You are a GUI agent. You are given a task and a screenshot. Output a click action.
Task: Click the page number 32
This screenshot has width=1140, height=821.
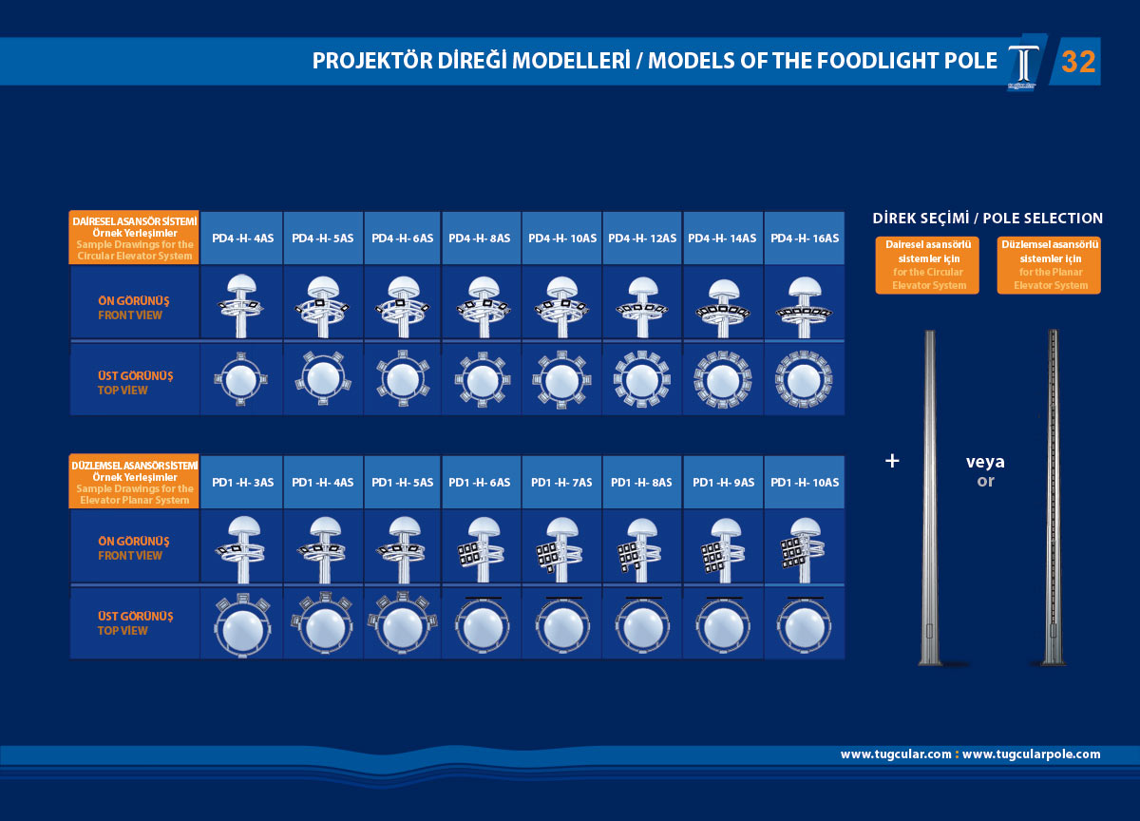point(1078,62)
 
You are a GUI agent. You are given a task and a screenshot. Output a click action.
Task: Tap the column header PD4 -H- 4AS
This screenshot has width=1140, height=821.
point(241,238)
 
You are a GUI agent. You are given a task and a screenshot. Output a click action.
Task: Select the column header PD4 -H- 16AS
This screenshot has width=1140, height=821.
point(804,238)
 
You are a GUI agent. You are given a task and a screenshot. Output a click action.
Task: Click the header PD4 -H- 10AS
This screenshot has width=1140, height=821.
point(561,238)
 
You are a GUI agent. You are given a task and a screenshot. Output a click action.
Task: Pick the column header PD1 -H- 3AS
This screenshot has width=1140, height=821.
point(241,483)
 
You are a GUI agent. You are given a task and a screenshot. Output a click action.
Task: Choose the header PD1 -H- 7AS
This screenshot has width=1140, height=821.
point(561,483)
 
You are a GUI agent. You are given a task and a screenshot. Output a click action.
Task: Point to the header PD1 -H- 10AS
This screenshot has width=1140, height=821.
point(804,483)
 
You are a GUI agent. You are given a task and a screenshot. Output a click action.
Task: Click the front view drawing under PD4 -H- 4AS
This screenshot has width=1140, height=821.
point(241,301)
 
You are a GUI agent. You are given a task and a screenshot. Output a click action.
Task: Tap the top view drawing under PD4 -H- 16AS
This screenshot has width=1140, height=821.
point(804,378)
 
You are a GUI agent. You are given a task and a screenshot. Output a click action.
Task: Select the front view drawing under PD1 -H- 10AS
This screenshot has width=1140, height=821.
point(804,547)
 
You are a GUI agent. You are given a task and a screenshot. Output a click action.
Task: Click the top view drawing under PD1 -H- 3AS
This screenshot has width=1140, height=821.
point(241,623)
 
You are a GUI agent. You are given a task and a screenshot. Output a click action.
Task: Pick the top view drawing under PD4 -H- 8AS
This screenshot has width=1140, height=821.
point(482,378)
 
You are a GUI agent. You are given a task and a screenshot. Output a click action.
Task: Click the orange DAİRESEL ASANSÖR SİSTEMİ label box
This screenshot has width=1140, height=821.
point(134,238)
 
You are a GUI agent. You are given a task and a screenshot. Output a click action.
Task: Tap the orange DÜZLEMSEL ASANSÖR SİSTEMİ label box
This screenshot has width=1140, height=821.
point(134,482)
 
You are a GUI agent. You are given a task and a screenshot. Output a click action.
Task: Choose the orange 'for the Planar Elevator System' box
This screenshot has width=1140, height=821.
point(1050,265)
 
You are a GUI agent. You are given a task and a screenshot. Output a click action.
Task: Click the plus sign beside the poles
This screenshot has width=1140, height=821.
point(891,461)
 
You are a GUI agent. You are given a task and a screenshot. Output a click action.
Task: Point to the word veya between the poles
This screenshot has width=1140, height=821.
point(985,463)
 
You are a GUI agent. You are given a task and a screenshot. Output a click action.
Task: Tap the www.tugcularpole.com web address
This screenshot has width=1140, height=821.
point(1031,754)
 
